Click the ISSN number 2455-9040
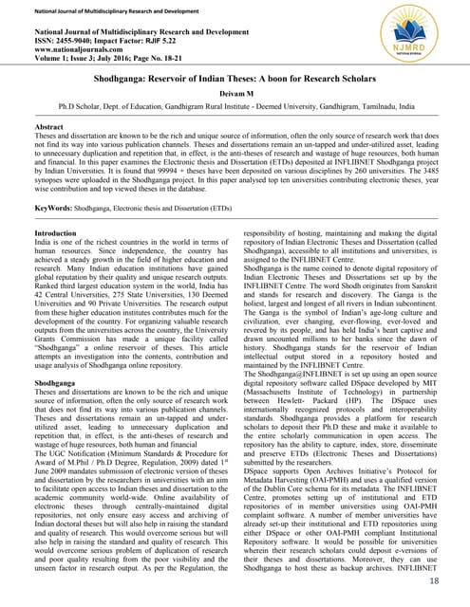66,42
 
